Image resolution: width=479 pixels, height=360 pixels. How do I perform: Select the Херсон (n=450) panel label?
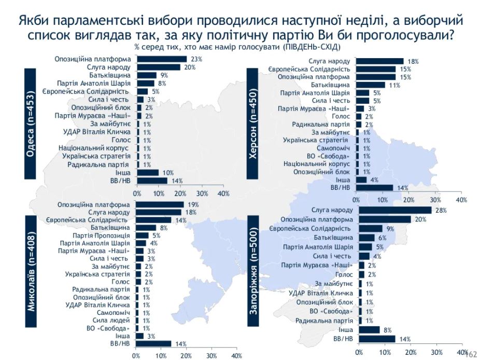[255, 124]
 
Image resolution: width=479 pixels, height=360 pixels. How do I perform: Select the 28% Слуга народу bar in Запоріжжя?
[393, 210]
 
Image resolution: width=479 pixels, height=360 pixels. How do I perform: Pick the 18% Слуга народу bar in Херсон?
[379, 61]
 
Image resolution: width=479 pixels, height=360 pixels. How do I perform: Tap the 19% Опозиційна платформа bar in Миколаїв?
[160, 204]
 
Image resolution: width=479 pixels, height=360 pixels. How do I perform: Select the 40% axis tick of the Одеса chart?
[223, 193]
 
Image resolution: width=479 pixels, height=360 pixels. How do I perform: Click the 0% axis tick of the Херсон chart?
[356, 199]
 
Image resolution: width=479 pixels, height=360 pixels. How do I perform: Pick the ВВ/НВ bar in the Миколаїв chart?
[154, 343]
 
